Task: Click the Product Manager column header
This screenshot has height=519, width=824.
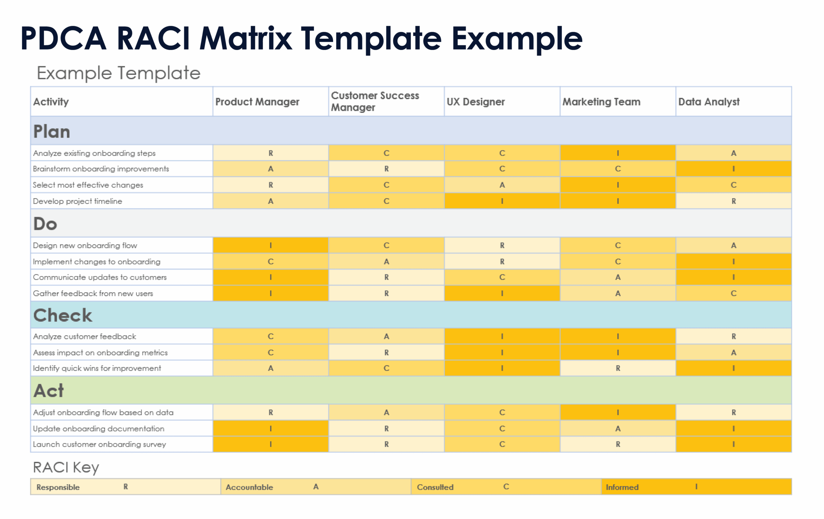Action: (257, 102)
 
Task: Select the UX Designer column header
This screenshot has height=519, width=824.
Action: (476, 102)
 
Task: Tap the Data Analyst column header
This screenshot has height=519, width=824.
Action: (709, 102)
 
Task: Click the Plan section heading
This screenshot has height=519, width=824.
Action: (52, 131)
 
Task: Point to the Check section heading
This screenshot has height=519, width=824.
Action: (63, 315)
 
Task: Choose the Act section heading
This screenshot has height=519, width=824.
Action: (49, 390)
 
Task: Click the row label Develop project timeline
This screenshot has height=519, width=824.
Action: (77, 201)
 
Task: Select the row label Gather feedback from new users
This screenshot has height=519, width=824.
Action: (93, 293)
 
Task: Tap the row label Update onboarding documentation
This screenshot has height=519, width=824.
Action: (98, 428)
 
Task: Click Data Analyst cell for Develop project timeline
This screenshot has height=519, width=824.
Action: (733, 201)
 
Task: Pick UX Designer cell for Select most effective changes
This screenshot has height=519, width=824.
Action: (502, 185)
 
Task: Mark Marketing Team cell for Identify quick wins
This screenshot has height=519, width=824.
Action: (618, 368)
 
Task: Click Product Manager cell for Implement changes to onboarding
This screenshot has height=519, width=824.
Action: (270, 261)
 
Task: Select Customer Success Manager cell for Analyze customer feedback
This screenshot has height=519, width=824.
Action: (386, 336)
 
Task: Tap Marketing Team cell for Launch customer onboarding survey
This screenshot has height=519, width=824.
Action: (618, 444)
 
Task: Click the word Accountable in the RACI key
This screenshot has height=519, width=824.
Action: (249, 487)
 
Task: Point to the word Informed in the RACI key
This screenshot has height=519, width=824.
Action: (622, 487)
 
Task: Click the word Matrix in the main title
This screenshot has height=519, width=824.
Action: (246, 38)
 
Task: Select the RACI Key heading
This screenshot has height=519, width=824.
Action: (66, 467)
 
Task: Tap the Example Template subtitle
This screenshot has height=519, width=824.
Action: (118, 73)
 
